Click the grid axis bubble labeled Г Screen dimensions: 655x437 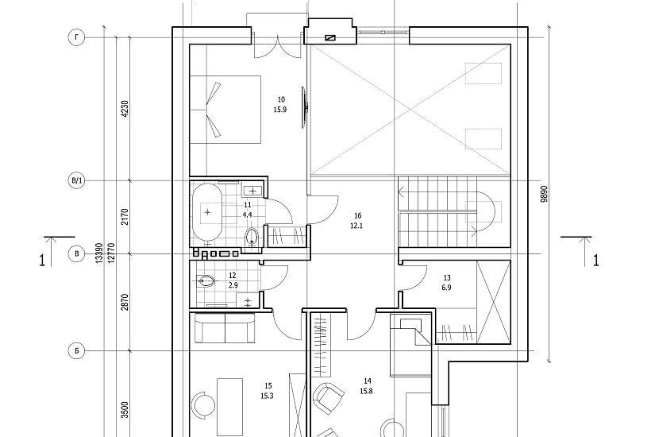coord(76,37)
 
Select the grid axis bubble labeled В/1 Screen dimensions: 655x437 coord(76,181)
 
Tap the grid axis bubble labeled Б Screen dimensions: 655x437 coord(76,351)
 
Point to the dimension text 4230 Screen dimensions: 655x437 coord(125,109)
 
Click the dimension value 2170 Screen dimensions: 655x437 coord(125,217)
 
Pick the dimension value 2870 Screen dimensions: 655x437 coord(125,302)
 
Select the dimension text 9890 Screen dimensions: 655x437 coord(544,194)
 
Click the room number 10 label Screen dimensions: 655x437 coord(281,99)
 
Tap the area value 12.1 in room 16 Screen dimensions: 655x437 coord(357,226)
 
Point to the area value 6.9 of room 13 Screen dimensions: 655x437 coord(446,288)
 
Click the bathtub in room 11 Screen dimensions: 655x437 coord(207,212)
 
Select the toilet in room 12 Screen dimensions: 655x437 coord(206,281)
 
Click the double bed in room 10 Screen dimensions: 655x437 coord(225,110)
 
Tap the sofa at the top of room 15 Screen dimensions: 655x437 coord(225,328)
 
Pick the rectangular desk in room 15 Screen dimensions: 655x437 coord(229,407)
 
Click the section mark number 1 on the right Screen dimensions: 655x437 coord(596,261)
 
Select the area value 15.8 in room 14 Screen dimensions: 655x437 coord(366,392)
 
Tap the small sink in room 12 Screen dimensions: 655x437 coord(246,300)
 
